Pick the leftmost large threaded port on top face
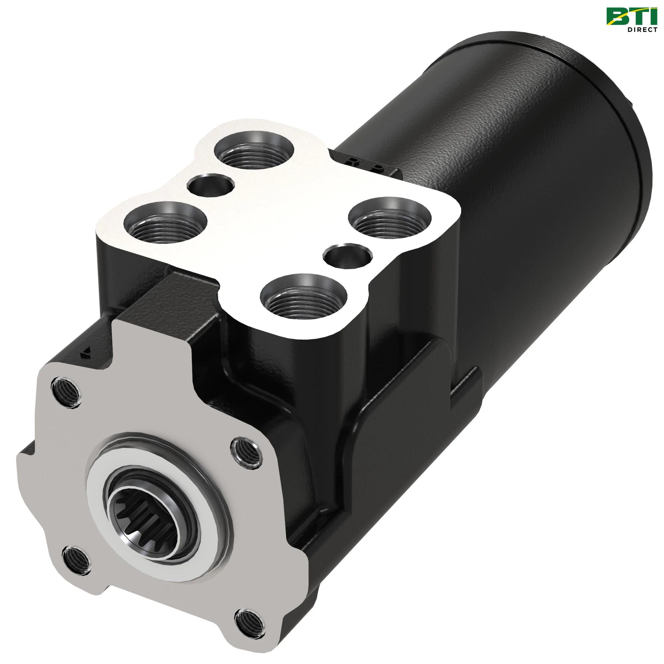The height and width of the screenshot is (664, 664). [165, 223]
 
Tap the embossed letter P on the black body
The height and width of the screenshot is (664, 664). [378, 168]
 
